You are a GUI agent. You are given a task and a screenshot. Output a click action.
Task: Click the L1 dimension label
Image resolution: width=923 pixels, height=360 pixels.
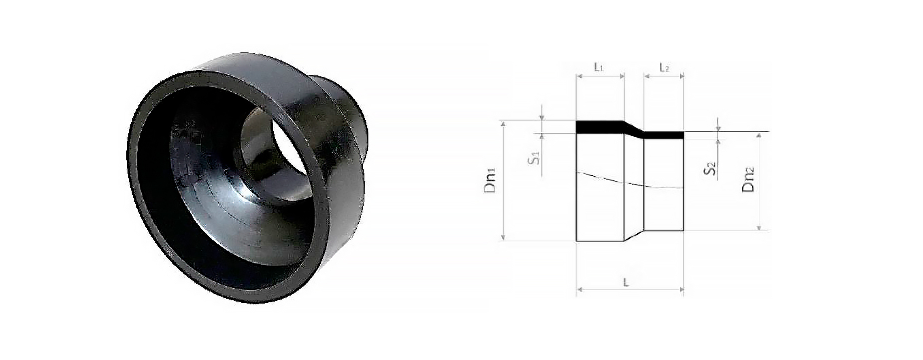(599, 67)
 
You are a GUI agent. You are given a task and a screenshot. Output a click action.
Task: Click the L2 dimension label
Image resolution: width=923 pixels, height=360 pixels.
(664, 67)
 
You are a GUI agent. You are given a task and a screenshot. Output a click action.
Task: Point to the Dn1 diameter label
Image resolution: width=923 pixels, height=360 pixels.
(491, 181)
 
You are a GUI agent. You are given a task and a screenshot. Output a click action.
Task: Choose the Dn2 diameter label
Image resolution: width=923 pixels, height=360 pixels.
(748, 180)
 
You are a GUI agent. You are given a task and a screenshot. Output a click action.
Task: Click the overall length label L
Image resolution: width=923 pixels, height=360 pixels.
(625, 283)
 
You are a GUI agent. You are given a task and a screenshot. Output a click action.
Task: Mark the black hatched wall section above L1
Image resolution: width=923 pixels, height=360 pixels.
(599, 127)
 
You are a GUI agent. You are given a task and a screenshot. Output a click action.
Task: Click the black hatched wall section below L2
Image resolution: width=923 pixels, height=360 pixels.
(664, 135)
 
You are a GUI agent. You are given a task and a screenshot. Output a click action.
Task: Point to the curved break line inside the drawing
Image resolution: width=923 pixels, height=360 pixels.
(629, 182)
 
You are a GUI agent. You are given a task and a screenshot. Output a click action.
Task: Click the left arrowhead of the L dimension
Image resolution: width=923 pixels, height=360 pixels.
(580, 289)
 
